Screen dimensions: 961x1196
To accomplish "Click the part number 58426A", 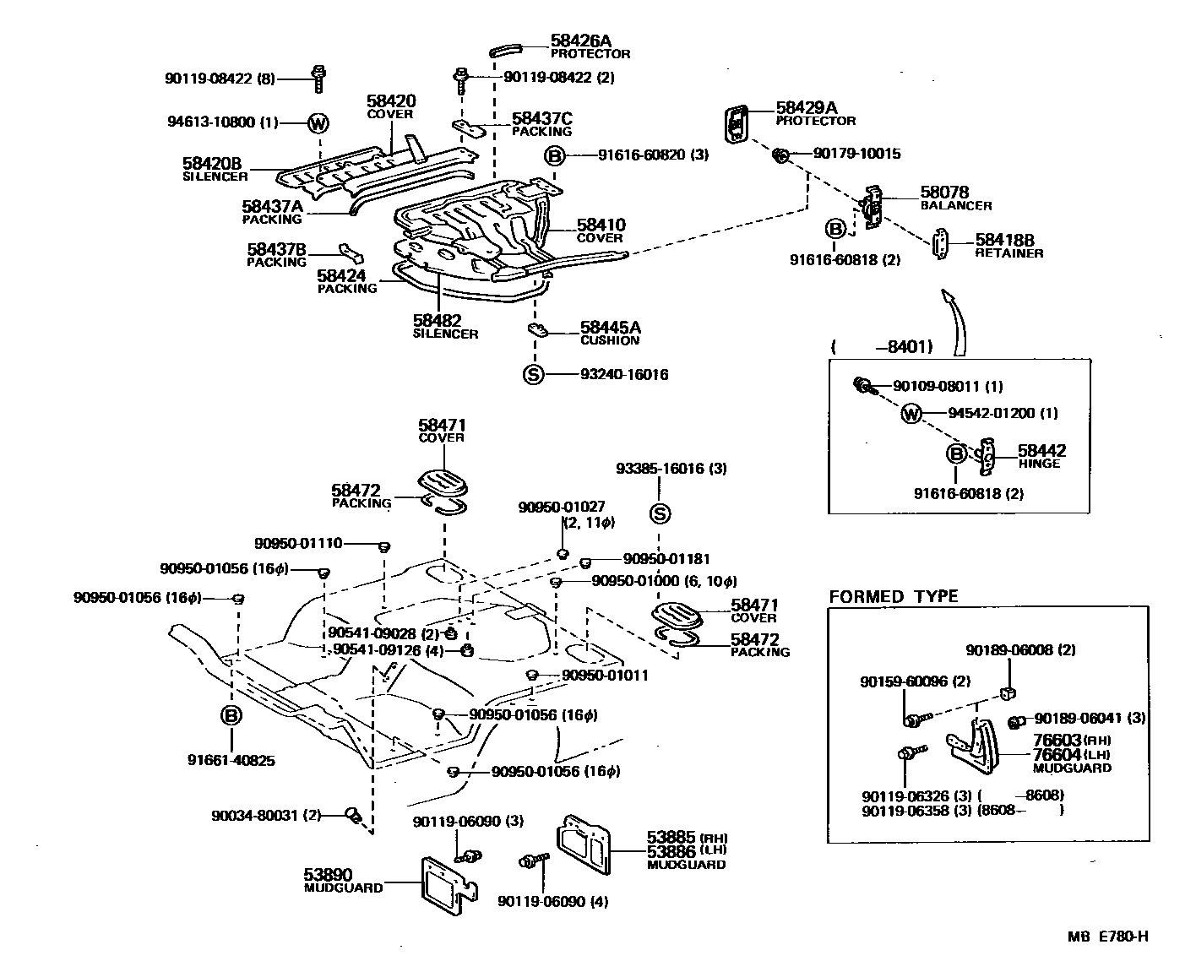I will pos(581,40).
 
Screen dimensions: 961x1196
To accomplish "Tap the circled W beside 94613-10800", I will pos(318,123).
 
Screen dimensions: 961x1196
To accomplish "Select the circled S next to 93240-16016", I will pos(533,374).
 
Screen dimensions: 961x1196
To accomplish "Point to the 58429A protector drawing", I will pos(737,124).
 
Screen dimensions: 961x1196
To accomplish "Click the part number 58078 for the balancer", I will pos(944,193).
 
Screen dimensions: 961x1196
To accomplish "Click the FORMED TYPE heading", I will pos(894,596).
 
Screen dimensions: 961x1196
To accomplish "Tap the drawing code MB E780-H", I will pos(1106,936).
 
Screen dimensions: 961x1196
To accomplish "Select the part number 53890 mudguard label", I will pos(328,874).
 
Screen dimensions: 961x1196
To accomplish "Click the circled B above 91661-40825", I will pos(231,716).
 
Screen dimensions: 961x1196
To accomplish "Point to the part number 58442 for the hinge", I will pos(1041,451).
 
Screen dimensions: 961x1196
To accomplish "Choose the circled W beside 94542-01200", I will pos(911,414).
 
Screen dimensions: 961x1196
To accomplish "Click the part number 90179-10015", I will pos(856,154).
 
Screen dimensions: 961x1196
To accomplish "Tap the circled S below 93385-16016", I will pos(661,513).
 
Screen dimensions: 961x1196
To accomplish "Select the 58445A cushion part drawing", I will pos(537,329).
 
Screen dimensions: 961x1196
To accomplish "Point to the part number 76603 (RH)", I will pos(1057,740).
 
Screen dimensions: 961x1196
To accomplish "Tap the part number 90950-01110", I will pos(298,543).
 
